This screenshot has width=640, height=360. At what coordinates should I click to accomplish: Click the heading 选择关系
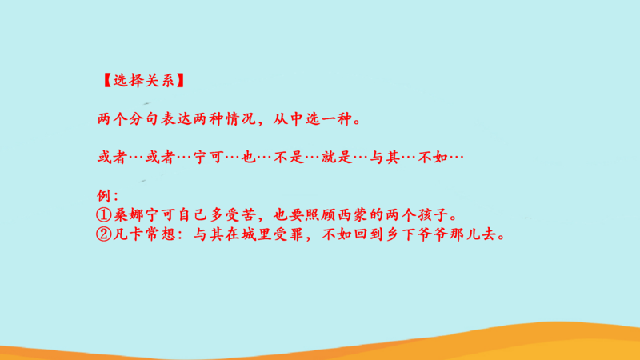tap(143, 81)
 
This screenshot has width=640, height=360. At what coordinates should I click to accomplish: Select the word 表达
tap(175, 118)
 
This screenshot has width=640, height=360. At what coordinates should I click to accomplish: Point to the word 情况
tap(240, 118)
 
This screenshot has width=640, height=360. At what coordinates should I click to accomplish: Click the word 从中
tap(288, 118)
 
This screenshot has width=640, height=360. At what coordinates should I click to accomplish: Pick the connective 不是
tap(289, 157)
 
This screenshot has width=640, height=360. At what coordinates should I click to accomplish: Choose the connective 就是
tap(337, 157)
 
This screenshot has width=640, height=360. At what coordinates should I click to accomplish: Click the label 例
tap(104, 195)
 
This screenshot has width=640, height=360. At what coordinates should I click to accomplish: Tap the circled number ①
tap(104, 214)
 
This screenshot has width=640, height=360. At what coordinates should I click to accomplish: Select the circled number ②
tap(104, 234)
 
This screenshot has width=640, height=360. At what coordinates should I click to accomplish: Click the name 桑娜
tap(128, 214)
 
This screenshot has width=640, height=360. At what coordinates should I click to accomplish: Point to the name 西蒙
tap(353, 214)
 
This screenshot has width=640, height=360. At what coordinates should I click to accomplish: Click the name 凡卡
tap(128, 234)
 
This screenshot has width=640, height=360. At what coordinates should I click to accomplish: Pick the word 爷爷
tap(433, 234)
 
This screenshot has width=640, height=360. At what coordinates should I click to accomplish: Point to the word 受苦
tap(240, 214)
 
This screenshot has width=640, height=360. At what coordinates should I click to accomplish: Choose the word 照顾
tap(321, 214)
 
